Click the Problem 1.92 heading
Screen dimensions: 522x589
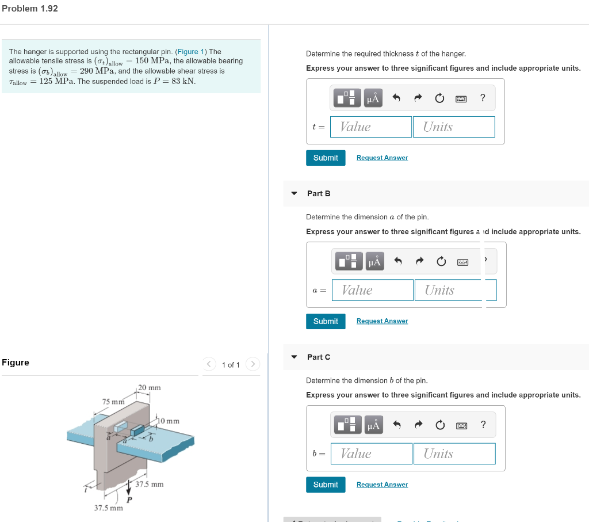coord(30,9)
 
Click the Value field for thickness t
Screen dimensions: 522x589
coord(371,127)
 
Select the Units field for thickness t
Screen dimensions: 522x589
coord(454,127)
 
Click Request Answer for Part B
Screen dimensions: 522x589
coord(382,321)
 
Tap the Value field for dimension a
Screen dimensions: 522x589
coord(373,290)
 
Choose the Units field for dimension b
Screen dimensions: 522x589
coord(454,454)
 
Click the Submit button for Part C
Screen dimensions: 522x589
coord(326,485)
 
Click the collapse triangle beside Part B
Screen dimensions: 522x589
coord(294,193)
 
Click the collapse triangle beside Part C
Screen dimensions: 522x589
coord(294,357)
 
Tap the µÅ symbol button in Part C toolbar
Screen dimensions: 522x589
coord(373,425)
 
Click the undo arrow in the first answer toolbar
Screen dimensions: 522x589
coord(396,98)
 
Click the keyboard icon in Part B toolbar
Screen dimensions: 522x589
coord(462,262)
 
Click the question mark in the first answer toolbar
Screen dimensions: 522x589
coord(483,98)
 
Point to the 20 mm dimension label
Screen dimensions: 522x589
coord(150,387)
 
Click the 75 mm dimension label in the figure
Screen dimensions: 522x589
coord(113,401)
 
